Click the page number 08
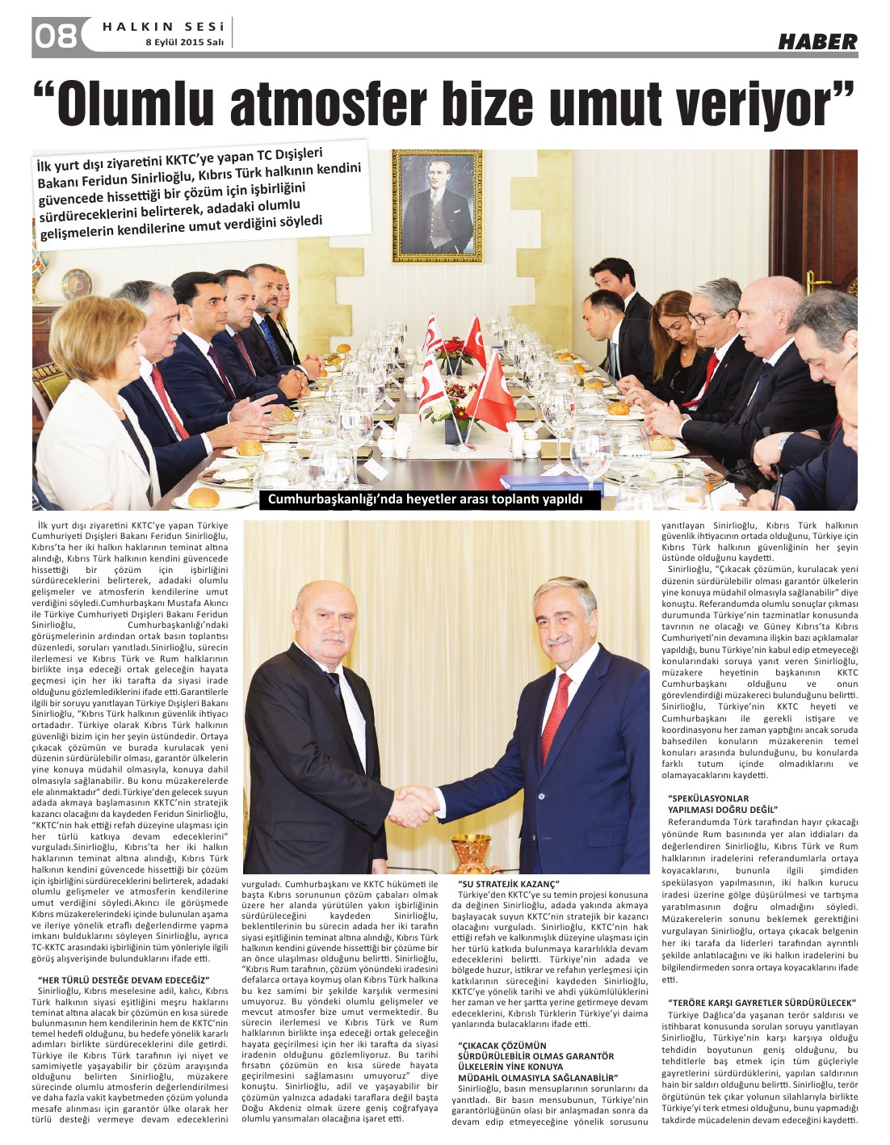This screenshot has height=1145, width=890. point(55,36)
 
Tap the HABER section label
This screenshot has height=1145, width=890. point(817,42)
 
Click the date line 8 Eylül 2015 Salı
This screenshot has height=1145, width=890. point(183,43)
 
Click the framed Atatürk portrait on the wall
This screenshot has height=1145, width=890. point(437,205)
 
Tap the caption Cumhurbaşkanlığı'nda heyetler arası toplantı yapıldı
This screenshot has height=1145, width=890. point(425,499)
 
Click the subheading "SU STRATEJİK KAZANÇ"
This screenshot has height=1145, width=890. point(509,884)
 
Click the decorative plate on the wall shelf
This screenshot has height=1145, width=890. point(77,284)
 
